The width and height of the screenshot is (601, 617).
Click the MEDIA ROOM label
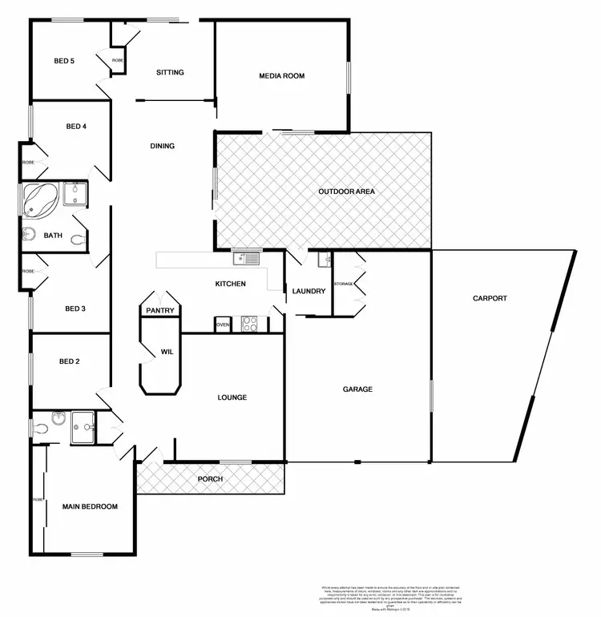(281, 76)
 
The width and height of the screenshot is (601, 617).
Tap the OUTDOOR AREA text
(346, 192)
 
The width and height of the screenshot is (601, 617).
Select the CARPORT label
(490, 298)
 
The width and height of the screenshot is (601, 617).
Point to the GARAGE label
(358, 389)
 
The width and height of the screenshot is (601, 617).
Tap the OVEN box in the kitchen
(223, 325)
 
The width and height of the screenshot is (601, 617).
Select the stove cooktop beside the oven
(249, 325)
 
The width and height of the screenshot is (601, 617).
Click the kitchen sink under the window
(244, 258)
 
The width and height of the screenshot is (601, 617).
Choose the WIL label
(167, 352)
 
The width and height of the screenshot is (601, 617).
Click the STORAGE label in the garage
(344, 284)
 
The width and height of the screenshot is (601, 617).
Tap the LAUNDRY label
(309, 291)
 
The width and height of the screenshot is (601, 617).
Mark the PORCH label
(210, 479)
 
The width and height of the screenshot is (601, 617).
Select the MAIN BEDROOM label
(90, 506)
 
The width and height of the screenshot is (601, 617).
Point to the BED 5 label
(64, 61)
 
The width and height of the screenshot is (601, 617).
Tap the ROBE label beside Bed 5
(118, 60)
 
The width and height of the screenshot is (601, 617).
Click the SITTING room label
(170, 72)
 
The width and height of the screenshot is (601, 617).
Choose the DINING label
(163, 146)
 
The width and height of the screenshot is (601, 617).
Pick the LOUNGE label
(232, 397)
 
